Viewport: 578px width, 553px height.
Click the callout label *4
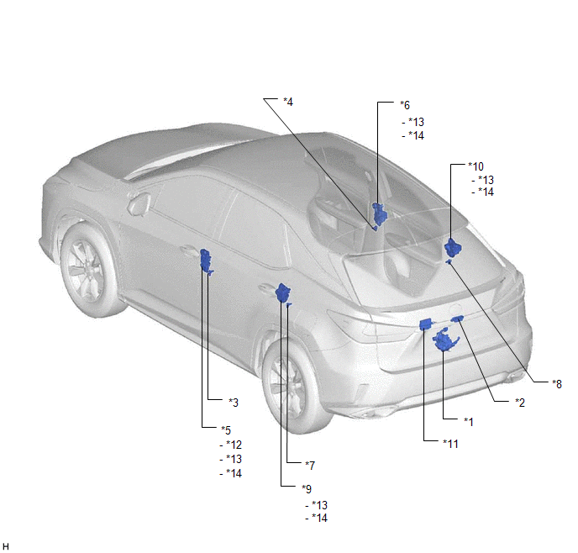point(288,102)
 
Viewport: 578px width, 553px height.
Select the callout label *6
point(405,105)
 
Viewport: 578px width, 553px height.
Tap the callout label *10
point(476,166)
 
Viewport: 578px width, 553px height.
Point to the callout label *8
point(557,384)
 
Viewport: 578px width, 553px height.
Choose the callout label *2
point(520,403)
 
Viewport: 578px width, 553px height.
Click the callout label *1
point(469,422)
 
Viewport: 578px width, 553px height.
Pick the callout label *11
point(451,444)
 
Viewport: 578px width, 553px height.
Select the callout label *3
point(234,403)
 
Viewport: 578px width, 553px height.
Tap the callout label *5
point(226,430)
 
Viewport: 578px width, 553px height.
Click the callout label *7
point(310,466)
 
